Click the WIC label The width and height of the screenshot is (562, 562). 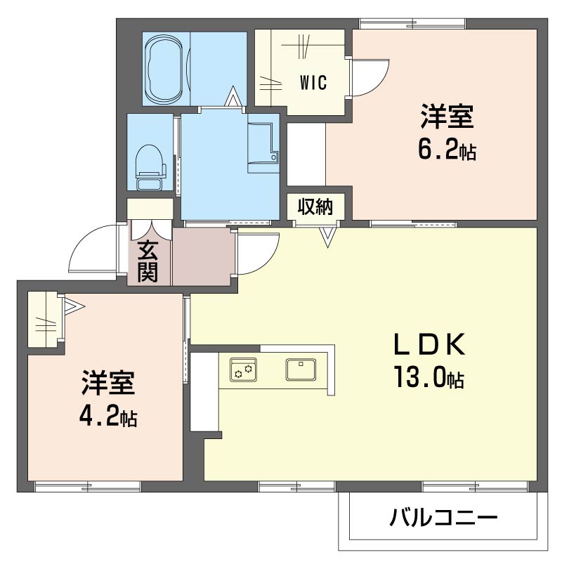[x=313, y=83]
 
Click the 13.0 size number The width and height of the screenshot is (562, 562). [x=428, y=379]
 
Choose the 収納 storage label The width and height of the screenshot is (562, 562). [x=314, y=207]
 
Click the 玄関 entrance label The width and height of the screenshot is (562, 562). [x=148, y=261]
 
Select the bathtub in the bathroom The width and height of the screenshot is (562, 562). [x=165, y=67]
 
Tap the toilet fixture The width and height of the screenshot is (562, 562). [x=150, y=166]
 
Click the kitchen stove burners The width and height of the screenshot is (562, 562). [x=243, y=369]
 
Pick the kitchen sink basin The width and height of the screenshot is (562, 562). [x=301, y=368]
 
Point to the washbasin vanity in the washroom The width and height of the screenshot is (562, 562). [x=263, y=147]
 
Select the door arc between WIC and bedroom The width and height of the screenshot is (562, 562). [x=370, y=77]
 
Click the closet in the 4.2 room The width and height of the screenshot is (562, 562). [x=44, y=319]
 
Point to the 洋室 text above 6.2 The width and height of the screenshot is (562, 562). [x=447, y=117]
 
